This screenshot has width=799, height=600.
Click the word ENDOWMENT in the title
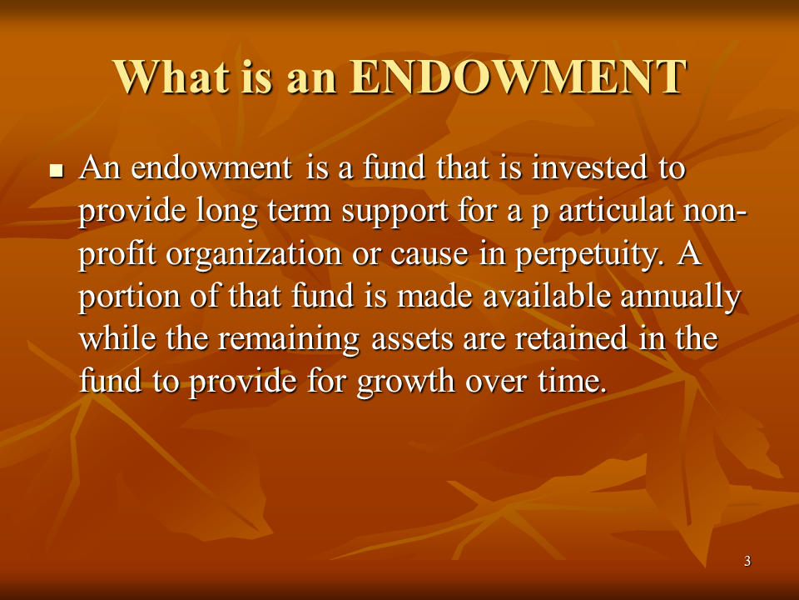pos(517,77)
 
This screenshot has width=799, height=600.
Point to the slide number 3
pos(747,562)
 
